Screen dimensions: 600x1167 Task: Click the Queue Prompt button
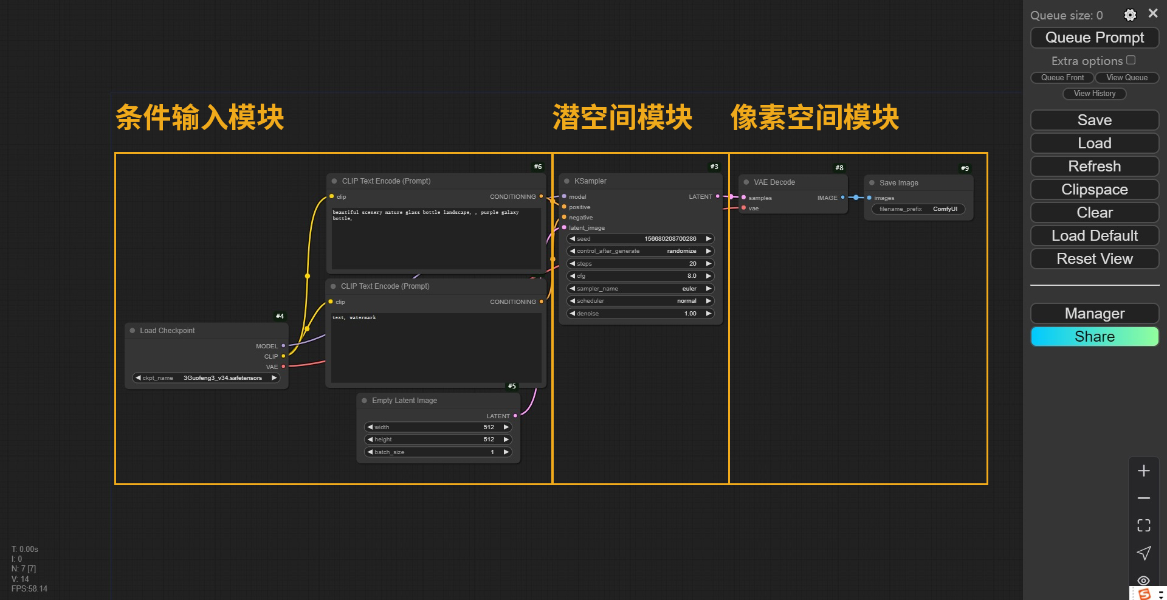1094,38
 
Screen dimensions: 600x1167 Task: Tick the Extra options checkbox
1131,60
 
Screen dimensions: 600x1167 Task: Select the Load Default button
1094,236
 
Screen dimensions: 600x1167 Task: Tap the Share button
1094,337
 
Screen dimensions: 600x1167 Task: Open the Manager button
1094,314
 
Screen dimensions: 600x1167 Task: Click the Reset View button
1094,259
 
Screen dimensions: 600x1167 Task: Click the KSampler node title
590,181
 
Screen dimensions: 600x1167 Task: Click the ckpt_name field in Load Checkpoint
206,378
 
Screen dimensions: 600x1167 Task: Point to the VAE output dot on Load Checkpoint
283,367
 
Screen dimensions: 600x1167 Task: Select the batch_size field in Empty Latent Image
438,452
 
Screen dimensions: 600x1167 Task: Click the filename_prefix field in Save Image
918,209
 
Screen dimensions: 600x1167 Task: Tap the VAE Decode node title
774,182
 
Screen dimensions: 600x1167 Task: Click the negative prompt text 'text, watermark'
354,318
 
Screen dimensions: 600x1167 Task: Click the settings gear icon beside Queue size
1130,15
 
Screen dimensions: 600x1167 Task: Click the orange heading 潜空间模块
622,117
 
